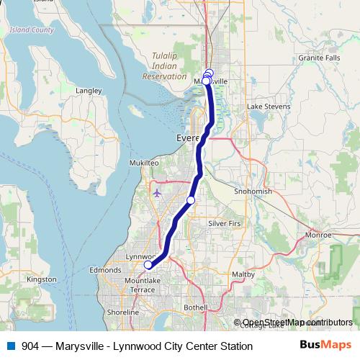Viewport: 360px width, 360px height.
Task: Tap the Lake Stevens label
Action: point(269,107)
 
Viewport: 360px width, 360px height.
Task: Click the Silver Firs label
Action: point(224,224)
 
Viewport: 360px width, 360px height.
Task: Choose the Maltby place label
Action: point(243,274)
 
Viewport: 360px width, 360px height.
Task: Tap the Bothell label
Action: point(196,307)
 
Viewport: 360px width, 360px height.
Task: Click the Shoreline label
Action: point(123,313)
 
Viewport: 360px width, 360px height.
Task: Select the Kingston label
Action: point(41,279)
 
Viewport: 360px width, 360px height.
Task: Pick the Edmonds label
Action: point(105,270)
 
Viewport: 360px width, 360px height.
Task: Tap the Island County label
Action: point(32,30)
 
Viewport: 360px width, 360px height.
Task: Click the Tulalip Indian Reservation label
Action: point(164,66)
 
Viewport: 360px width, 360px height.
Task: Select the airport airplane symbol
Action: point(158,193)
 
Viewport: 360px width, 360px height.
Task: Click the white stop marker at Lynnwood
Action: point(148,264)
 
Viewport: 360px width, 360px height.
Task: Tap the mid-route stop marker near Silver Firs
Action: point(191,199)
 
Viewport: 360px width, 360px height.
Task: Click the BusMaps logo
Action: point(326,345)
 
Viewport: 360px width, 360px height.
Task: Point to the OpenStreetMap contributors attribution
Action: point(297,323)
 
